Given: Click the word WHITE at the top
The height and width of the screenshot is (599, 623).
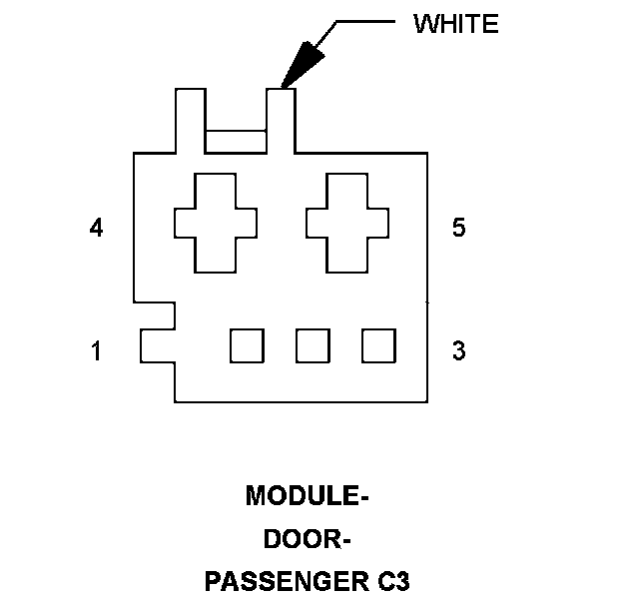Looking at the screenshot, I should tap(455, 25).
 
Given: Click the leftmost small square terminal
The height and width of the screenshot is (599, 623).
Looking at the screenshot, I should tap(247, 345).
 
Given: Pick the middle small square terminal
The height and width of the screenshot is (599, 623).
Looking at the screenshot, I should tap(312, 345).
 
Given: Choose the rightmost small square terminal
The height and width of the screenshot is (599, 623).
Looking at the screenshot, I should tap(377, 345).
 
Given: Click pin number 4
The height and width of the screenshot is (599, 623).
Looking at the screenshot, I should tap(96, 229).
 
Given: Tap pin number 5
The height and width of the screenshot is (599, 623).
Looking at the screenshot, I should tap(458, 229).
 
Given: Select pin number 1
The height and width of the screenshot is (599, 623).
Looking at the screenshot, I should tap(96, 351).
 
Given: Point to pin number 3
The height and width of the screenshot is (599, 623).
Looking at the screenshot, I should tap(458, 351).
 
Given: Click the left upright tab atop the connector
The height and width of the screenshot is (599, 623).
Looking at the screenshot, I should tap(191, 121).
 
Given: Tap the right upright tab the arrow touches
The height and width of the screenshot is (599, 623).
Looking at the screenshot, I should tap(281, 121).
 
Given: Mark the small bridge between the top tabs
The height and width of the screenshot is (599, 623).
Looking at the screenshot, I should tap(236, 142).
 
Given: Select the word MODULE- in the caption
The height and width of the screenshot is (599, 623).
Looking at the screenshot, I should tap(302, 495).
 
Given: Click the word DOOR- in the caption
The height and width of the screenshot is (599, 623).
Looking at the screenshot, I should tap(308, 538).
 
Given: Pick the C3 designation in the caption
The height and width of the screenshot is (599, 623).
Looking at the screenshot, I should tap(392, 581).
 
